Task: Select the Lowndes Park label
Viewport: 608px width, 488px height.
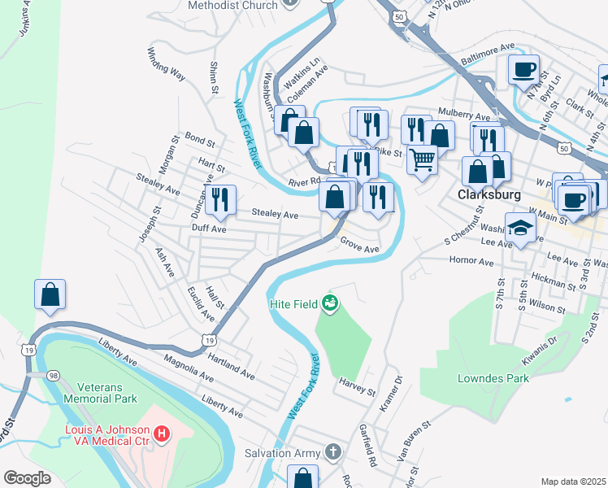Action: [493, 378]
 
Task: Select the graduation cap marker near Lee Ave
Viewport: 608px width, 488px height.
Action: [520, 228]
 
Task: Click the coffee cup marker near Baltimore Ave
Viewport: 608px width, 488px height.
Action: [524, 68]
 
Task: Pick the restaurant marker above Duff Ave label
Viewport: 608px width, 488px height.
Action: [220, 199]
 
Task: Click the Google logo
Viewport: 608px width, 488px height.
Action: [28, 478]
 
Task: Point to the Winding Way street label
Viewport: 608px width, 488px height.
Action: [166, 64]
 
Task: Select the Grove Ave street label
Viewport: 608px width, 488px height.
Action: [359, 245]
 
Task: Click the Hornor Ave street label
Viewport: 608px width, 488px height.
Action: [471, 262]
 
